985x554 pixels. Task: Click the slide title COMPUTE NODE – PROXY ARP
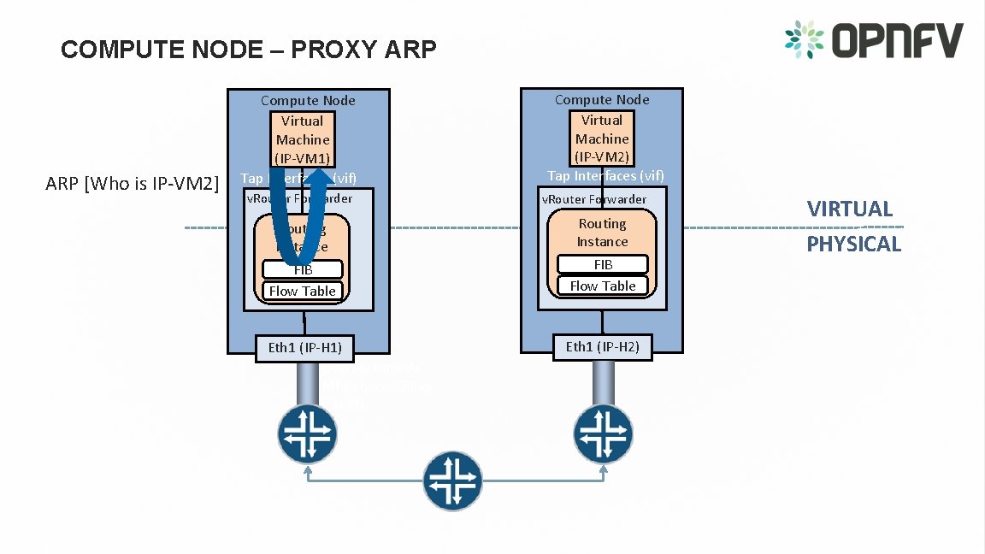248,50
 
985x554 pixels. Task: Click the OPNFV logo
873,40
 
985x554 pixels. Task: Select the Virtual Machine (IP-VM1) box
303,139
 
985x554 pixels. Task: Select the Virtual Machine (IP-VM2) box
602,138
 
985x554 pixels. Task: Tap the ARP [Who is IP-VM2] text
133,183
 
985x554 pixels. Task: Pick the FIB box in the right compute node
602,265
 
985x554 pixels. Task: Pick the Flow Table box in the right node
602,286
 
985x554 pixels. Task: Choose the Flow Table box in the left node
303,291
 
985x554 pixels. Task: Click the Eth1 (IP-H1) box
304,347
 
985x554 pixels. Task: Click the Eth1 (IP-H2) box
602,346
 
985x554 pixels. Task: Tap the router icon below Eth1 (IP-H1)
306,434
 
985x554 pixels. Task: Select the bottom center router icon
454,480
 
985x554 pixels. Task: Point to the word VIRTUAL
850,209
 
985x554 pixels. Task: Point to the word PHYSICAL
854,244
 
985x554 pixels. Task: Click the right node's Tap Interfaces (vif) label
605,175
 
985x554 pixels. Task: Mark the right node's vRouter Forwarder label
594,199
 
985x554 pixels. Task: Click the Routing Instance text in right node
602,233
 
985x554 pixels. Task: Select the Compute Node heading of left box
308,101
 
